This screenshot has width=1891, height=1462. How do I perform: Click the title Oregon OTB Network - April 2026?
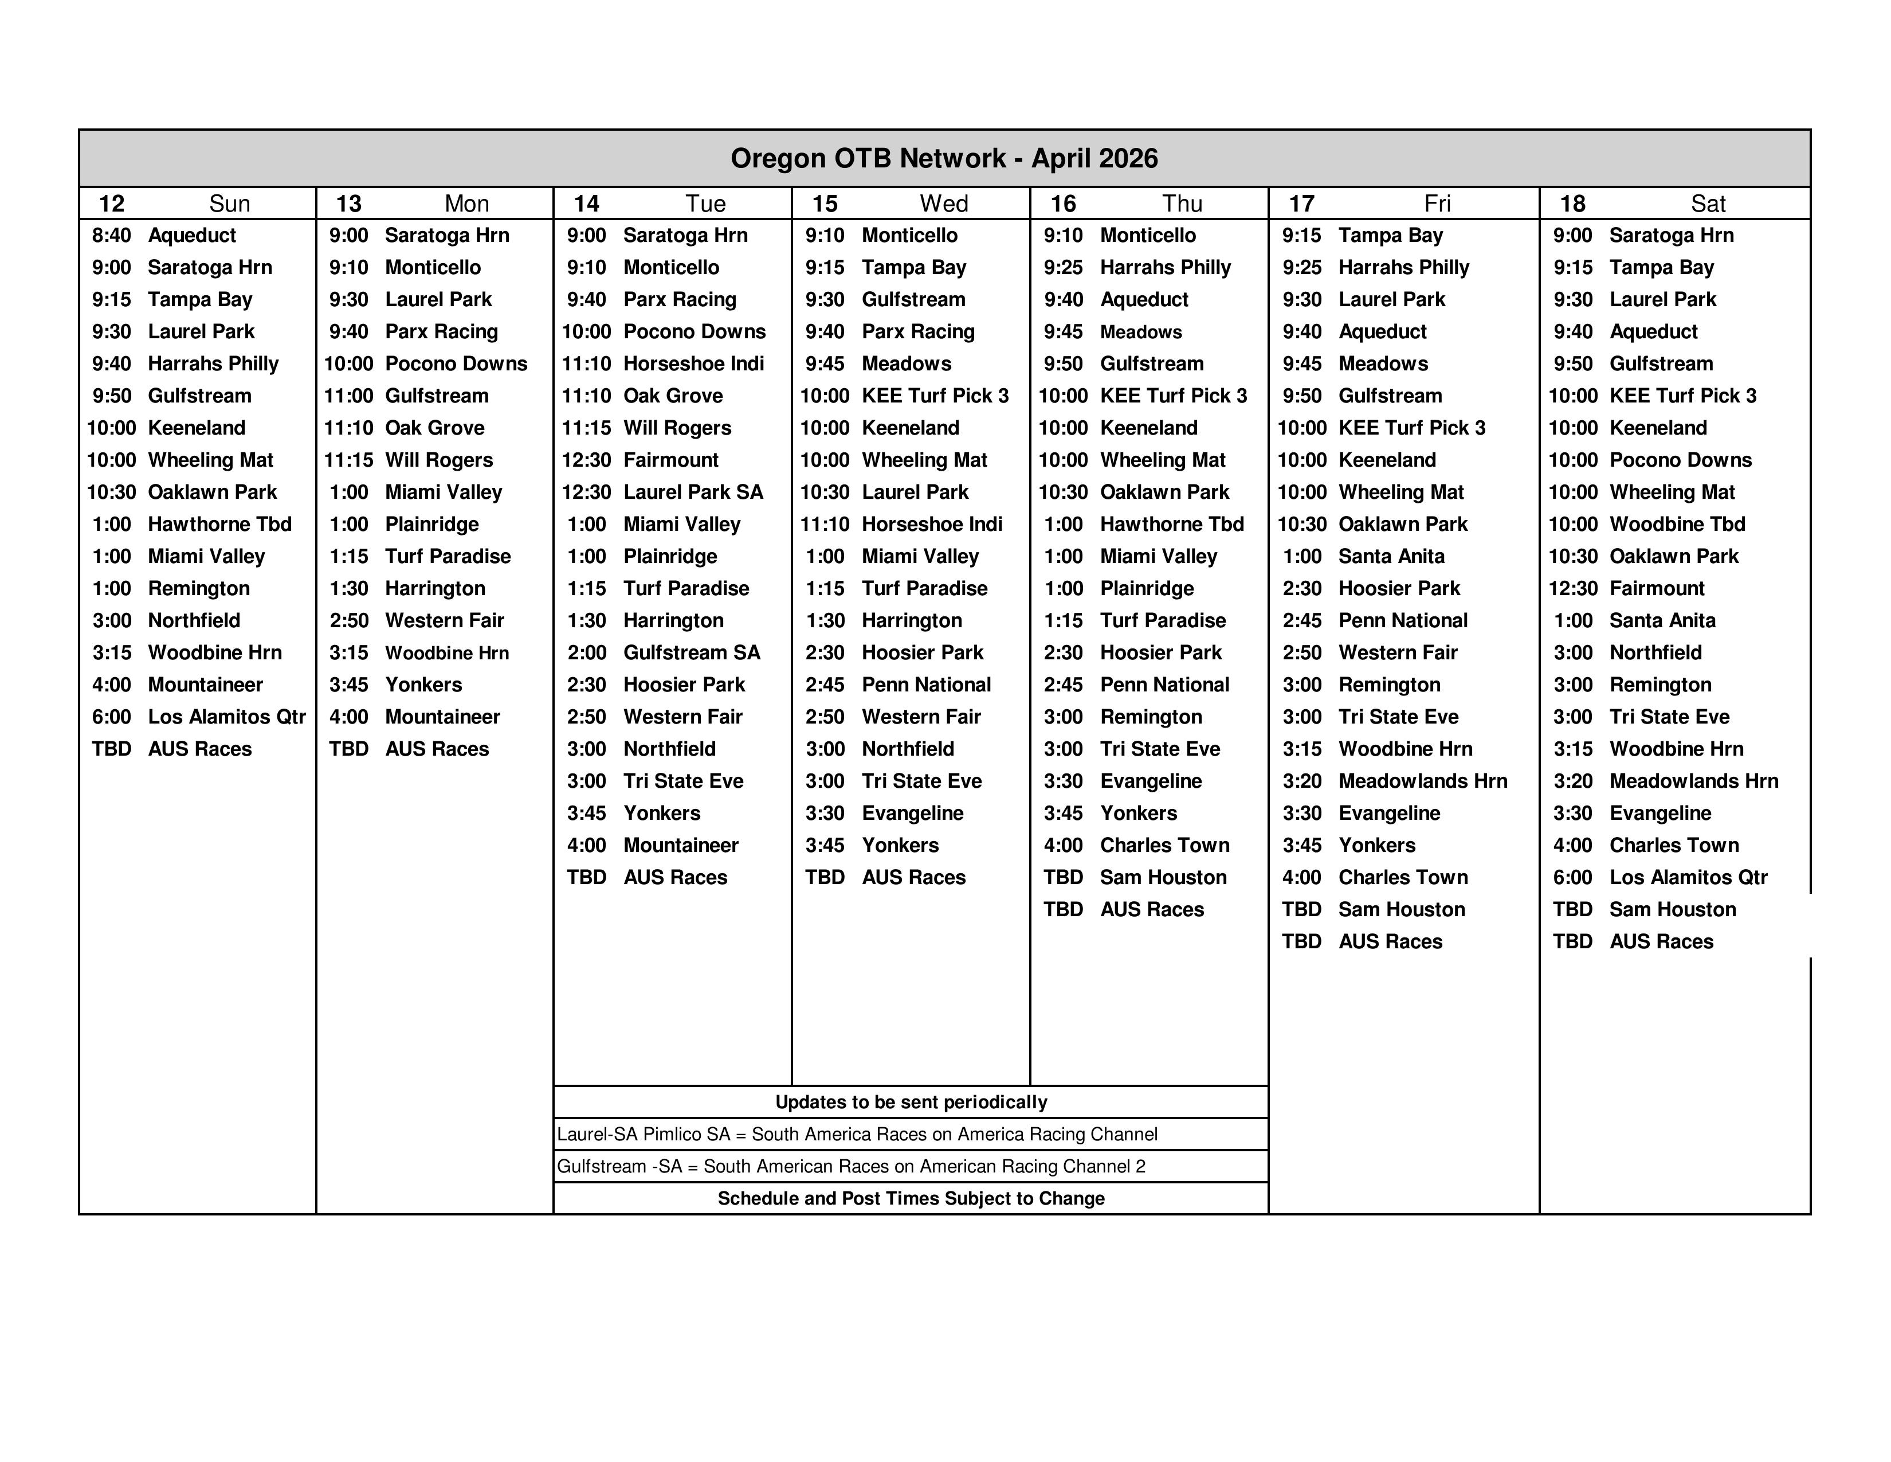pos(944,158)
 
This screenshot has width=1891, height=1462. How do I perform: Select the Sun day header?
pos(229,204)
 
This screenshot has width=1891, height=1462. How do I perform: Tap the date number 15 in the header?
pos(824,204)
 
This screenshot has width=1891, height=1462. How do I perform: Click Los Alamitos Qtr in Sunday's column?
pos(227,717)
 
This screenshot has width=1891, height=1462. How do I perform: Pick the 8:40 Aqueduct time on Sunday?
pos(112,236)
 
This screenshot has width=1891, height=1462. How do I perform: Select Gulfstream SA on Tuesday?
pos(691,653)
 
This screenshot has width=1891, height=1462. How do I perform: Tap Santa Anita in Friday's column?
pos(1391,557)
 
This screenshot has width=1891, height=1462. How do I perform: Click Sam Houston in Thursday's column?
pos(1163,877)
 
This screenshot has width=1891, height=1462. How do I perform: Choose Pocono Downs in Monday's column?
pos(456,363)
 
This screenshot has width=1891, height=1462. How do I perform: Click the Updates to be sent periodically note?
pos(911,1103)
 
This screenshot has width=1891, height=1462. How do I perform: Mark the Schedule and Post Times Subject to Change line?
pos(911,1199)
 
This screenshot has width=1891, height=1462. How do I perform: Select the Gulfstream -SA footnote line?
pos(850,1167)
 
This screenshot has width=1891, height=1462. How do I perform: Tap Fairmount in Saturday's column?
pos(1657,589)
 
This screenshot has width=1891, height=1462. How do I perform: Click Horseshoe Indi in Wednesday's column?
pos(932,525)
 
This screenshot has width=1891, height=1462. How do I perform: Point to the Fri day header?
pos(1437,204)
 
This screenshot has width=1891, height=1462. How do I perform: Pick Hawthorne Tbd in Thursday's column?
pos(1171,525)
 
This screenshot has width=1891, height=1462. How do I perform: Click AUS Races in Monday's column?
pos(437,749)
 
